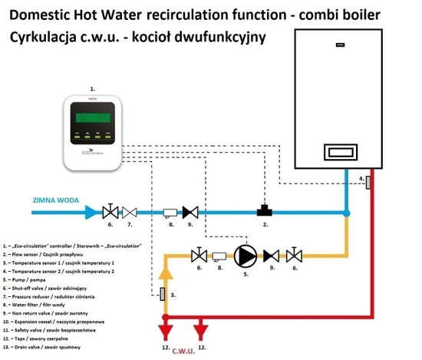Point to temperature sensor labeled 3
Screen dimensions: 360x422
(163, 295)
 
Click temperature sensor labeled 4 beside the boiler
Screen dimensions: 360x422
(369, 183)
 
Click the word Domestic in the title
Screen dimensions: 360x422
(41, 14)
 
